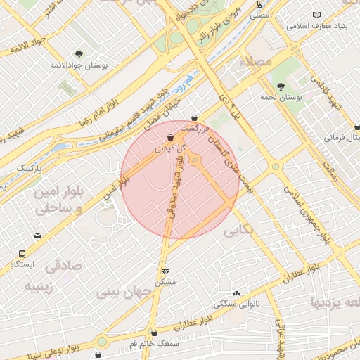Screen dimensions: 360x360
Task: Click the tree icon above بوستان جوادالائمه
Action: [79, 54]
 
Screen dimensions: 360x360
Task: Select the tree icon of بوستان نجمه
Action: [281, 86]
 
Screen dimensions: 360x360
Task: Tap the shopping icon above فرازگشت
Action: [194, 117]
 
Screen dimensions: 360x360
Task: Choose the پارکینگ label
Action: [30, 168]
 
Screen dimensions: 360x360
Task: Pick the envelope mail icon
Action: [37, 236]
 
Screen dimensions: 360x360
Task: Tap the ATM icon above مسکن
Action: [165, 271]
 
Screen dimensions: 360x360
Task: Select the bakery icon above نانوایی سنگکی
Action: [236, 293]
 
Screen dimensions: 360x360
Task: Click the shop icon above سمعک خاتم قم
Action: [154, 333]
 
